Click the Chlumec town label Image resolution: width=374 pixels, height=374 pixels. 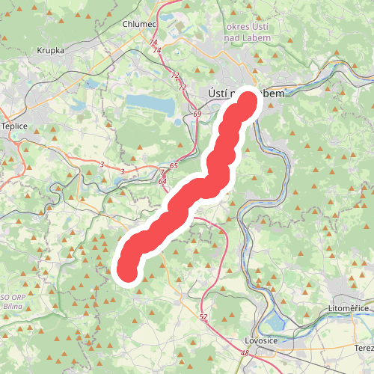click(139, 25)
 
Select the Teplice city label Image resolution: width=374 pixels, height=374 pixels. click(13, 126)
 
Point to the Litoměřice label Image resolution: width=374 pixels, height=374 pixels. click(350, 308)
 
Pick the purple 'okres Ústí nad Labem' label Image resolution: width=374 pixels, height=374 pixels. click(252, 33)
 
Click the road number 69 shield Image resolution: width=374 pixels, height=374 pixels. click(197, 114)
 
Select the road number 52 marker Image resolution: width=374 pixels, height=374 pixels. click(203, 317)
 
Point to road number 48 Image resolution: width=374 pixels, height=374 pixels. click(245, 352)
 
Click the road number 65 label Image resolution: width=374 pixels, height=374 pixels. click(174, 165)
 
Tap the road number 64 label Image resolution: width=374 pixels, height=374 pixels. click(162, 181)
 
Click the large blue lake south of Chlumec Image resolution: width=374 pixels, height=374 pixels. click(148, 103)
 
